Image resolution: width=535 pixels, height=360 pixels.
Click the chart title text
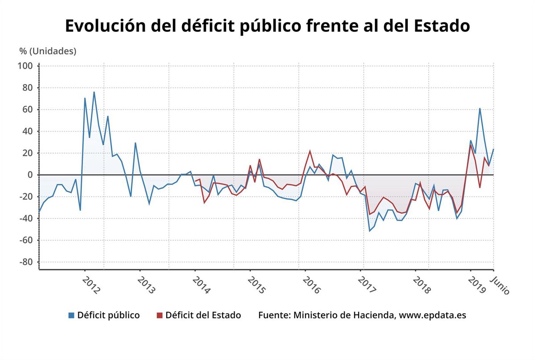point(267,26)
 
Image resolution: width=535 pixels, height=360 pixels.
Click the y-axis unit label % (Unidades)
point(48,51)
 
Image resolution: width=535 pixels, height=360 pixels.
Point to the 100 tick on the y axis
point(25,66)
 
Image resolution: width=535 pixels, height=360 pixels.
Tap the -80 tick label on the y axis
point(25,262)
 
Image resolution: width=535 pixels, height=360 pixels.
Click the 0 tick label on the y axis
point(30,175)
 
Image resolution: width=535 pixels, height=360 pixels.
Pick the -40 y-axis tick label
point(25,218)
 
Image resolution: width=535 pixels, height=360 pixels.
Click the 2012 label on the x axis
point(92,285)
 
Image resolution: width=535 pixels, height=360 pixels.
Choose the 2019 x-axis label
point(477,285)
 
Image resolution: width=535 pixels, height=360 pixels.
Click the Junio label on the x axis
point(500,285)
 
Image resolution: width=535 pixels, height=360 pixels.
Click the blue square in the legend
point(71,315)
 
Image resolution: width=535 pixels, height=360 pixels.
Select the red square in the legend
point(160,315)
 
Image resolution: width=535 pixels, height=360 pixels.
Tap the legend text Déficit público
point(108,315)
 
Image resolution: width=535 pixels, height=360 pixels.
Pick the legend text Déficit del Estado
point(203,315)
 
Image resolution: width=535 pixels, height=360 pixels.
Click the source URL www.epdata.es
point(432,315)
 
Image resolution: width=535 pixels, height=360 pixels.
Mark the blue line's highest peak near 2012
point(94,92)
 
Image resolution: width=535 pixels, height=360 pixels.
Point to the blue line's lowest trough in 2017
point(369,231)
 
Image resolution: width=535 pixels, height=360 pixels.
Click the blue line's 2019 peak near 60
point(480,108)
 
